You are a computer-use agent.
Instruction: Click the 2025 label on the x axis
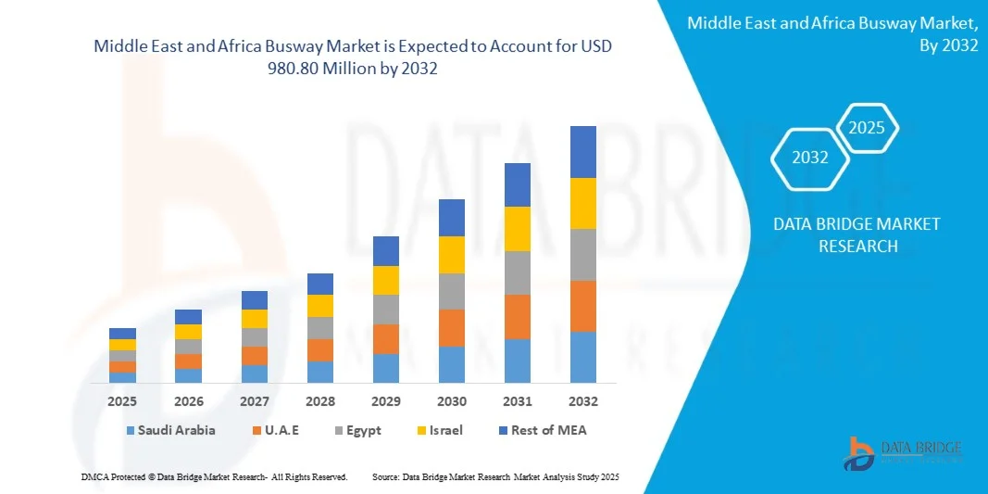[122, 401]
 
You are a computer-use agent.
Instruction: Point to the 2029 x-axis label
[386, 401]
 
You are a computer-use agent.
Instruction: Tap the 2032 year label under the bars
[583, 401]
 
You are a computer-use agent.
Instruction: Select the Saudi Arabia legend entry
[170, 430]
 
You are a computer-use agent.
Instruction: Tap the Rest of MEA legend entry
[542, 430]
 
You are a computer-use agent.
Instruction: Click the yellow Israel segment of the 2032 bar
[583, 203]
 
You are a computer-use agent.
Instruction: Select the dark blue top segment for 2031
[518, 184]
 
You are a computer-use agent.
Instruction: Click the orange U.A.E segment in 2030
[452, 327]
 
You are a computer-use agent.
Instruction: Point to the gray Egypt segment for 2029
[386, 309]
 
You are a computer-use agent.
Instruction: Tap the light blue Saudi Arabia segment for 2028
[320, 372]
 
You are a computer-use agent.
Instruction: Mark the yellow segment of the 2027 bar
[255, 318]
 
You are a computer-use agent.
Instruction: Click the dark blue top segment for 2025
[122, 334]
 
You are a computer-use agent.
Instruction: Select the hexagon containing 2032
[810, 158]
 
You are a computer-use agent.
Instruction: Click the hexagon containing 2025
[867, 128]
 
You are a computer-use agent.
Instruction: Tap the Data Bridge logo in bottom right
[903, 452]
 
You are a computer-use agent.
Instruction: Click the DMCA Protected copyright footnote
[214, 476]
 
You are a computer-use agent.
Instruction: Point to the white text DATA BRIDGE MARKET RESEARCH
[844, 235]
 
